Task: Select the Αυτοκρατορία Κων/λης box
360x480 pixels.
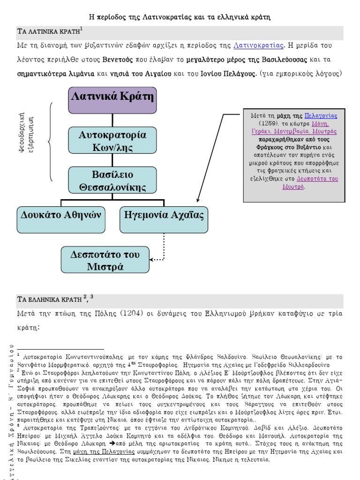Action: (x=112, y=141)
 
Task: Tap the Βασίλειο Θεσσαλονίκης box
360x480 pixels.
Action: (x=112, y=181)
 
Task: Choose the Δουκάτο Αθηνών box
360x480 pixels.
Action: (x=61, y=219)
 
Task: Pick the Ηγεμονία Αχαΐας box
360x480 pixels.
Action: (x=164, y=219)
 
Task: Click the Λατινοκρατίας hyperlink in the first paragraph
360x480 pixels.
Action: (x=258, y=45)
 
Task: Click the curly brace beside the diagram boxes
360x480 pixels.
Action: (x=51, y=141)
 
